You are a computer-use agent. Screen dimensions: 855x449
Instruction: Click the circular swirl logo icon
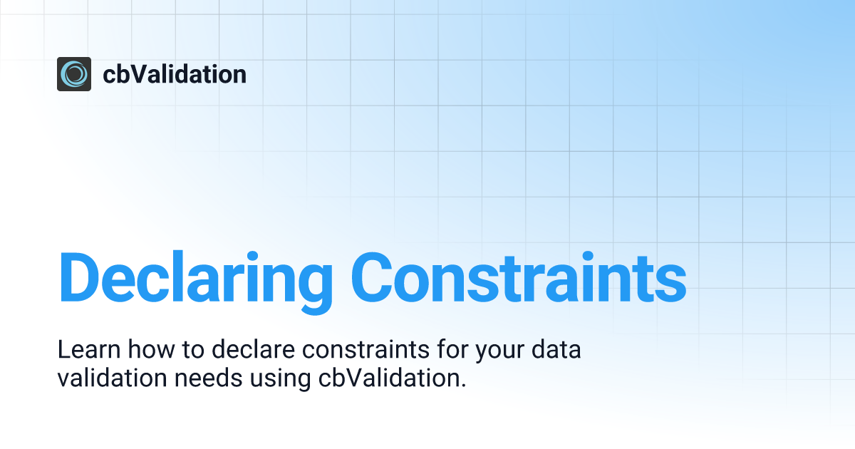click(x=74, y=74)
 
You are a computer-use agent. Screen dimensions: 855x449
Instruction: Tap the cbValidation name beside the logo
click(x=175, y=74)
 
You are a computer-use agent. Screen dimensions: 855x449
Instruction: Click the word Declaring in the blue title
click(x=196, y=282)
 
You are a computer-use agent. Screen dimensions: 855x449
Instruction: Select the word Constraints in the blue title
click(x=519, y=277)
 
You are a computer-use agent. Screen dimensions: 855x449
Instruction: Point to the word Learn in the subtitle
click(x=89, y=349)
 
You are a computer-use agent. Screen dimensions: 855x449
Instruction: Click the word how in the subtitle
click(x=151, y=349)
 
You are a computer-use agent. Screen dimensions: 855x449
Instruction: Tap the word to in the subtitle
click(x=193, y=350)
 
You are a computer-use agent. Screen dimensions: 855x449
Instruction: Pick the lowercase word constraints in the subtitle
click(x=366, y=349)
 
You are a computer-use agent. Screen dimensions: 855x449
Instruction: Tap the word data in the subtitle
click(x=556, y=349)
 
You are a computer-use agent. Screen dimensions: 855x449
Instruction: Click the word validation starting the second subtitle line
click(x=113, y=378)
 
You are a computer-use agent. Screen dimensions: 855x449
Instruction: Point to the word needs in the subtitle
click(x=208, y=378)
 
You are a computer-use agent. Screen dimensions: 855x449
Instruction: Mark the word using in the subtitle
click(x=280, y=381)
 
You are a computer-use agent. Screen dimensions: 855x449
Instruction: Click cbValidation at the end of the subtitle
click(x=388, y=378)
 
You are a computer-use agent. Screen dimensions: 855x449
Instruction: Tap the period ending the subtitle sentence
click(x=463, y=386)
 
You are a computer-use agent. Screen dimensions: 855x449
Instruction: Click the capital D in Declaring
click(x=78, y=277)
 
